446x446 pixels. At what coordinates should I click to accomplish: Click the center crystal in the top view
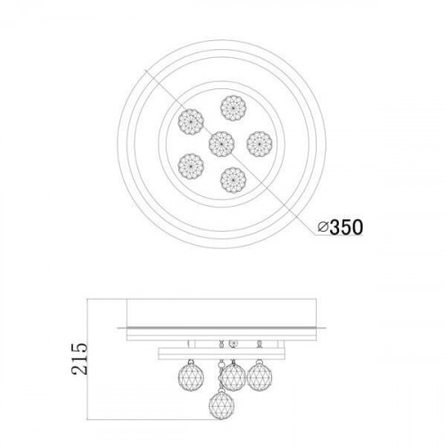221,144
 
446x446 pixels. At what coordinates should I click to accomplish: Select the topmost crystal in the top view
234,108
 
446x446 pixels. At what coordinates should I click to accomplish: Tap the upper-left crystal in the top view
191,121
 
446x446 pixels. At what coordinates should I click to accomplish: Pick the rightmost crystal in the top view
260,144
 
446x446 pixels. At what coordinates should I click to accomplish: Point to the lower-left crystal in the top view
191,166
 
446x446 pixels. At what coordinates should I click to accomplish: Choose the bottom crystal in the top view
234,180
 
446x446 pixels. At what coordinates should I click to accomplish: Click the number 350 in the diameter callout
346,227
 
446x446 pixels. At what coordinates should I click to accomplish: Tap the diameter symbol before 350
323,227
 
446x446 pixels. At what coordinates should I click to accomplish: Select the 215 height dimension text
79,359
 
